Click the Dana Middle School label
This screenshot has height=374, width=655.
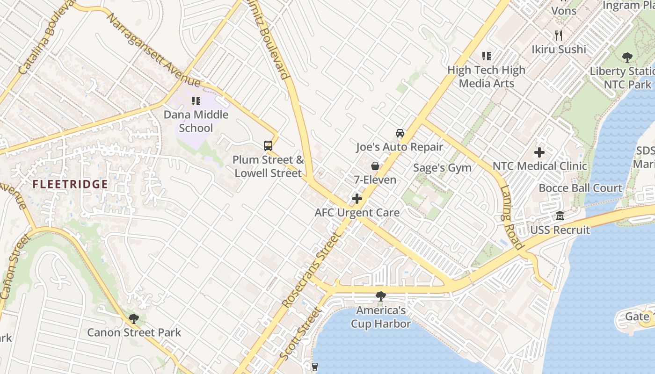pyautogui.click(x=196, y=121)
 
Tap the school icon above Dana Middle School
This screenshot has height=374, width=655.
pyautogui.click(x=196, y=101)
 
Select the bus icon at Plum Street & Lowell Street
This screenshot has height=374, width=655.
pyautogui.click(x=268, y=145)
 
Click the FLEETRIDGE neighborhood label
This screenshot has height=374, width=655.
pyautogui.click(x=71, y=184)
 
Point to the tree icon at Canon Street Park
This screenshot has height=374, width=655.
pyautogui.click(x=134, y=319)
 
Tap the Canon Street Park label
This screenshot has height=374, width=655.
pyautogui.click(x=134, y=333)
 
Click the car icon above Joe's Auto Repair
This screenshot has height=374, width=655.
pyautogui.click(x=400, y=133)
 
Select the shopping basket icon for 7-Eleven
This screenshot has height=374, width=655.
pyautogui.click(x=375, y=166)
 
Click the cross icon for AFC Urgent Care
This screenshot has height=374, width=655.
pyautogui.click(x=357, y=199)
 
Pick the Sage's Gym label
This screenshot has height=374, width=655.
pyautogui.click(x=443, y=168)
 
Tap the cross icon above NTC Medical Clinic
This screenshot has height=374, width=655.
pyautogui.click(x=539, y=152)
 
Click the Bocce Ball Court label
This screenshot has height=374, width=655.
pyautogui.click(x=580, y=188)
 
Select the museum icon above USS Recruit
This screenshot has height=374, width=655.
pyautogui.click(x=560, y=216)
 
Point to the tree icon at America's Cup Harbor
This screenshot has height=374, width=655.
pyautogui.click(x=381, y=296)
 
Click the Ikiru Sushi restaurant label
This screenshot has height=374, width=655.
pyautogui.click(x=559, y=49)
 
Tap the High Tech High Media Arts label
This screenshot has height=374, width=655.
pyautogui.click(x=487, y=77)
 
